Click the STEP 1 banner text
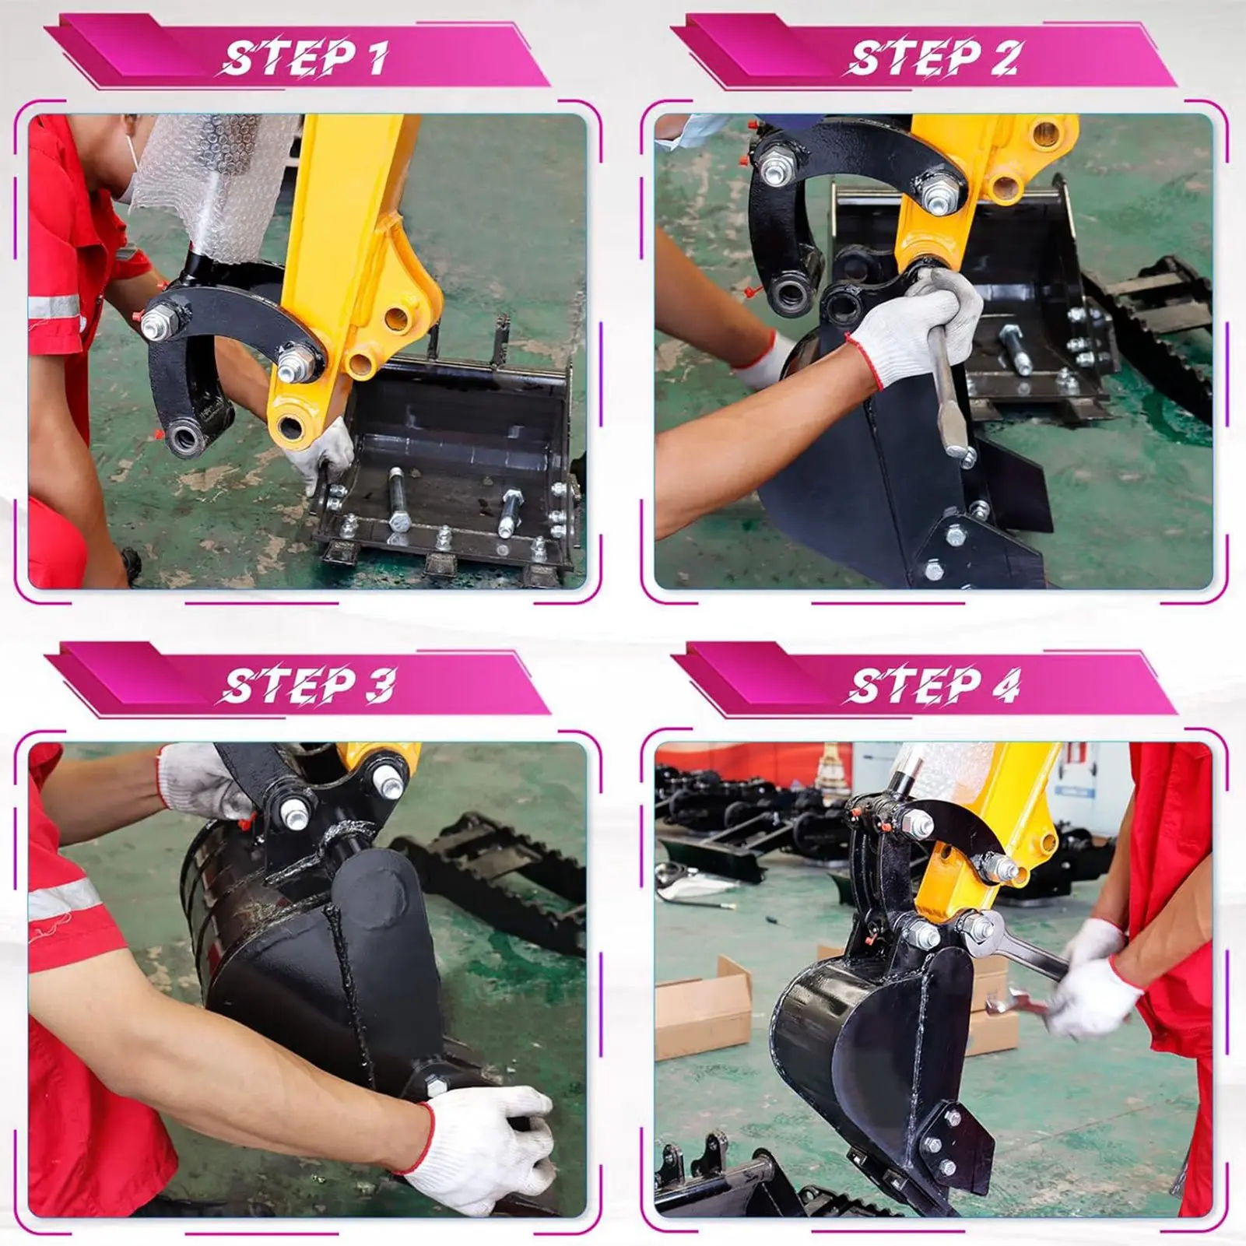pos(305,58)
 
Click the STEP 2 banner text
pos(932,58)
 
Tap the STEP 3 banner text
pos(305,686)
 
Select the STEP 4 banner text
pos(932,686)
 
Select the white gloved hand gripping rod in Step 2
pos(918,327)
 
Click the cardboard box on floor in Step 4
pos(700,1012)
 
